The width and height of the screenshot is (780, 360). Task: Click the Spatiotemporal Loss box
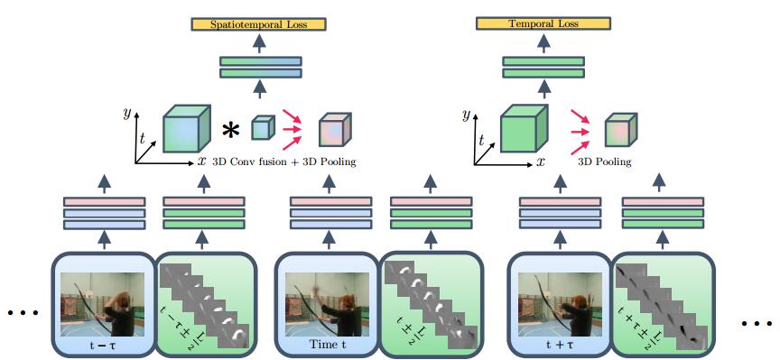257,24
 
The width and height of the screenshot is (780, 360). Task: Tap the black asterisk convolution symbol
231,131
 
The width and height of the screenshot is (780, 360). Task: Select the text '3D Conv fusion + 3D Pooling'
283,162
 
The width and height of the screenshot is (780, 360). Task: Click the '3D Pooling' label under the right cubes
606,162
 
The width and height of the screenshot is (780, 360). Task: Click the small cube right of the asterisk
261,128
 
